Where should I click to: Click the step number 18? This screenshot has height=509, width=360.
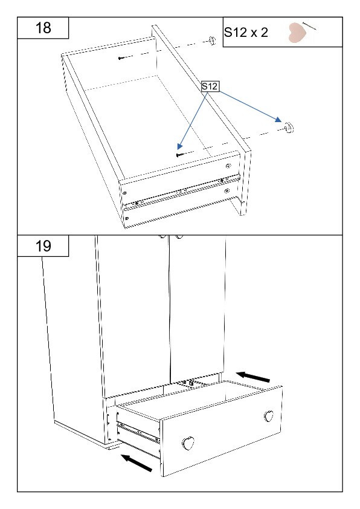tap(43, 28)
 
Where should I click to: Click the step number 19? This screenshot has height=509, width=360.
tap(43, 246)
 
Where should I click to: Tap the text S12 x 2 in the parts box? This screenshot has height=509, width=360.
tap(246, 33)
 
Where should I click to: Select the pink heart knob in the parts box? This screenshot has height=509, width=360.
tap(297, 33)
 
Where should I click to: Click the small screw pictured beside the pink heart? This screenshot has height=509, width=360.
tap(309, 26)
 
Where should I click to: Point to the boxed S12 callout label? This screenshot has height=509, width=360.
tap(210, 86)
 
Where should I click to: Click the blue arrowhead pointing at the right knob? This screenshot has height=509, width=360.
tap(278, 120)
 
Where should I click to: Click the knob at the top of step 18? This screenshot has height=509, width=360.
tap(212, 41)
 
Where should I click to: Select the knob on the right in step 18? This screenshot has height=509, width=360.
tap(289, 128)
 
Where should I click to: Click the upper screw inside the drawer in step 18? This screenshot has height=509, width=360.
tap(121, 58)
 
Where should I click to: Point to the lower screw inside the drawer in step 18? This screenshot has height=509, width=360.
tap(180, 155)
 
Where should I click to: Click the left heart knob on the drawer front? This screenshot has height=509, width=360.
tap(188, 443)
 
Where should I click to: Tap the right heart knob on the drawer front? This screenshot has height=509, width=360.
tap(269, 416)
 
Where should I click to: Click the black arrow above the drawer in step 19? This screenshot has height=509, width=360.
tap(253, 377)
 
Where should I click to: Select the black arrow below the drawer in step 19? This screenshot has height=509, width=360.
tap(137, 463)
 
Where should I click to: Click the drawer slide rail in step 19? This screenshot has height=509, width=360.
tap(138, 432)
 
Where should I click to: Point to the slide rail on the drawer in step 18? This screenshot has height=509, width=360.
tap(182, 192)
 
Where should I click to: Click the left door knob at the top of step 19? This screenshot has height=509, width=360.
tap(162, 236)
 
